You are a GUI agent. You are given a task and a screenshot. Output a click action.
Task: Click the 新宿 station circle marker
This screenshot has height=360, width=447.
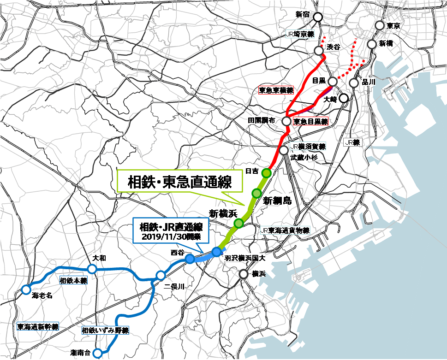pyautogui.click(x=317, y=17)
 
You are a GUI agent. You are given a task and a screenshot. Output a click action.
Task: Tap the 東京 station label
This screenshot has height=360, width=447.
pyautogui.click(x=393, y=26)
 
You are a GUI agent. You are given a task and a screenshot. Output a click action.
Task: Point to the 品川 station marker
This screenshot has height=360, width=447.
pyautogui.click(x=354, y=83)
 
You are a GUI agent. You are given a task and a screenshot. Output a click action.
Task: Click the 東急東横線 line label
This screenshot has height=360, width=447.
pyautogui.click(x=276, y=91)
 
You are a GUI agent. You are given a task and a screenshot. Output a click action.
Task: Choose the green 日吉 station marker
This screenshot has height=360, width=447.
pyautogui.click(x=266, y=173)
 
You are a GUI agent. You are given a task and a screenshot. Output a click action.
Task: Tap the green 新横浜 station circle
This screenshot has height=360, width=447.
pyautogui.click(x=239, y=224)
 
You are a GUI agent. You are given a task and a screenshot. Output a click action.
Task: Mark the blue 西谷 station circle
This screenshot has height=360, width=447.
pyautogui.click(x=190, y=259)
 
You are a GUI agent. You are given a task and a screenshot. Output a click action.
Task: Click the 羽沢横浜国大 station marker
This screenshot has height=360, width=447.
pyautogui.click(x=216, y=251)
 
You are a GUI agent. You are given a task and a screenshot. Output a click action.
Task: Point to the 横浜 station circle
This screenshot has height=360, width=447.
pyautogui.click(x=244, y=274)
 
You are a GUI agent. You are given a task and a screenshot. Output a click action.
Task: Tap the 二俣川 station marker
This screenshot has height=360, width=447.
pyautogui.click(x=161, y=276)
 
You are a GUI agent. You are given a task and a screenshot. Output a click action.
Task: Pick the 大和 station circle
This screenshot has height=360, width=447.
pyautogui.click(x=91, y=269)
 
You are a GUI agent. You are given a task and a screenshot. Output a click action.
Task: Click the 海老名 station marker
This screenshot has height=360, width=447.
pyautogui.click(x=26, y=289)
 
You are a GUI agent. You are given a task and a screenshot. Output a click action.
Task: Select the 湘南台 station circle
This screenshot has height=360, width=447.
pyautogui.click(x=97, y=353)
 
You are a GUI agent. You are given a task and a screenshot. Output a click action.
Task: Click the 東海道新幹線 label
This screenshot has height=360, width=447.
pyautogui.click(x=38, y=327)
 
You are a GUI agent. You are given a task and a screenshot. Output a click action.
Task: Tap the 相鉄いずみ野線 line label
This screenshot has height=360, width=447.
pyautogui.click(x=105, y=330)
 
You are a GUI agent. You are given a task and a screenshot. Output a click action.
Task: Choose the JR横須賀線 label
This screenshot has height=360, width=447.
pyautogui.click(x=308, y=147)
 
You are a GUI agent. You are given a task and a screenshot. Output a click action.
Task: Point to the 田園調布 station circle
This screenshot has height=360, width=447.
pyautogui.click(x=286, y=121)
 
